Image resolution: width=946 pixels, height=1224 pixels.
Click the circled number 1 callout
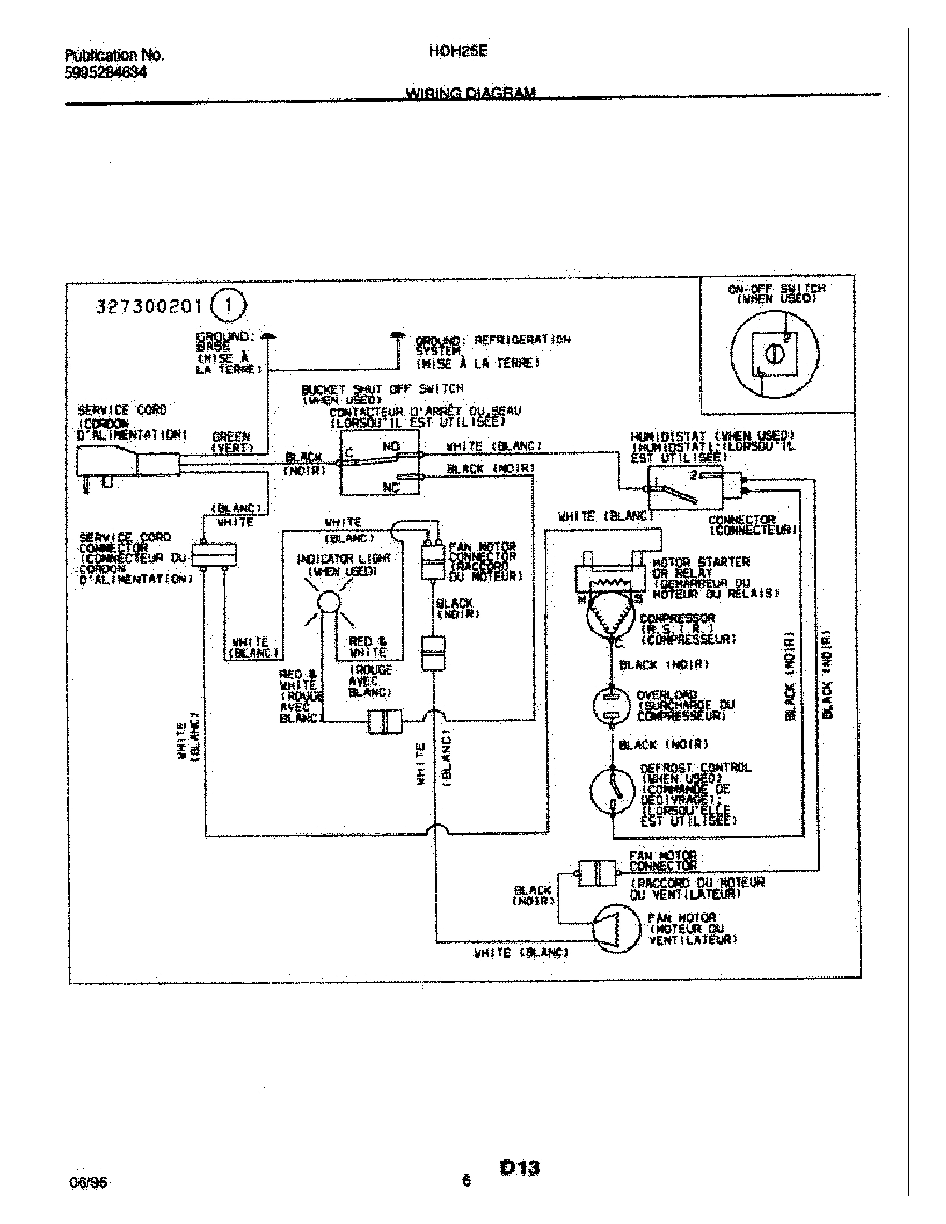point(229,306)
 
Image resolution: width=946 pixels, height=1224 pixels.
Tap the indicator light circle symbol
point(328,602)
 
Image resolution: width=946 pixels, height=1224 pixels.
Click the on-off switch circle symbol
point(775,354)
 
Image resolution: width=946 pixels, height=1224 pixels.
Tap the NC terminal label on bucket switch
point(391,487)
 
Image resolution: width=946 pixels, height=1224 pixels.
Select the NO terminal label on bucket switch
point(391,447)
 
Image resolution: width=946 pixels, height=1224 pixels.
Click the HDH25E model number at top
point(458,52)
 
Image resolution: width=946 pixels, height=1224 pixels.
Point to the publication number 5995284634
point(106,73)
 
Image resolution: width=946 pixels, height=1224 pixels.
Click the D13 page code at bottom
point(520,1167)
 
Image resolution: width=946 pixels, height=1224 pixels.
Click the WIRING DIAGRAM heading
point(470,93)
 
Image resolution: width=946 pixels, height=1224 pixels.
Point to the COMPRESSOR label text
point(677,618)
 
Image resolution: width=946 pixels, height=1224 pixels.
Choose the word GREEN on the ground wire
point(231,437)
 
